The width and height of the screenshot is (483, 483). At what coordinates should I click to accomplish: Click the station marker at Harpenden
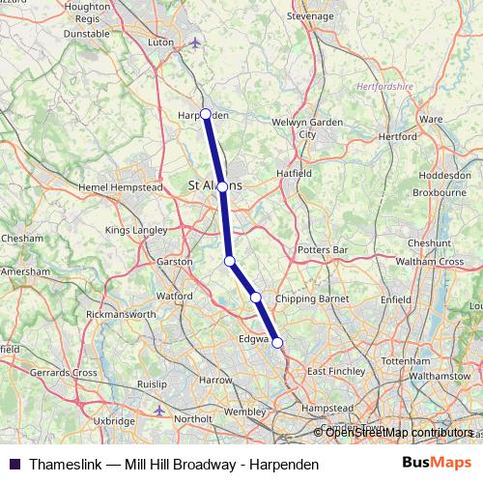pos(206,114)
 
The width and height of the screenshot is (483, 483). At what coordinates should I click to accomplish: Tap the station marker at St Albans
pos(222,186)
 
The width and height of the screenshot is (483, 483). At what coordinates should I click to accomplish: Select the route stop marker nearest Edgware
pos(277,343)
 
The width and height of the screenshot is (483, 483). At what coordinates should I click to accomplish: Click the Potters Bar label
pos(324,250)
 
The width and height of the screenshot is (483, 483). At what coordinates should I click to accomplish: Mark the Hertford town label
pos(398,137)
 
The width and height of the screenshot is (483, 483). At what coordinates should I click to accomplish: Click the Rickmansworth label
pos(121,315)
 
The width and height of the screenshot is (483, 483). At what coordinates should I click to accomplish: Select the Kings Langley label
pos(134,231)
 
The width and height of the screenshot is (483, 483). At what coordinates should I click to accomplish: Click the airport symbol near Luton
pos(196,43)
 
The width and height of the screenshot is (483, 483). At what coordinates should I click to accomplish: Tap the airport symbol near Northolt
pos(159,411)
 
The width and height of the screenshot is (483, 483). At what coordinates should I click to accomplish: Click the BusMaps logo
pos(436,464)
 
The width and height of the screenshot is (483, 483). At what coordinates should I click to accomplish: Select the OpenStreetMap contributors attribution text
pos(399,432)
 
